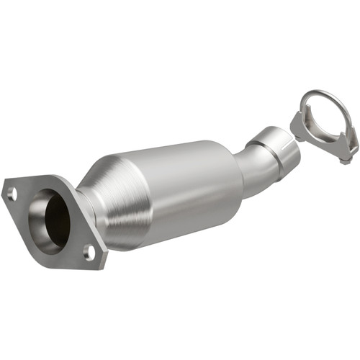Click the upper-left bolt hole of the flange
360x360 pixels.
(12, 193)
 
